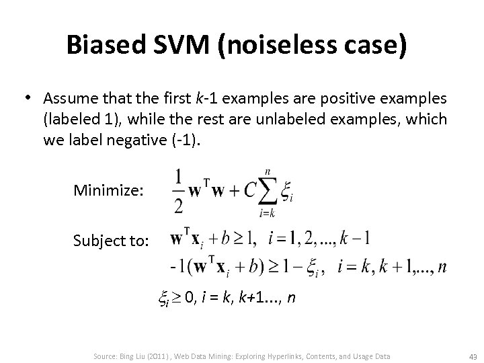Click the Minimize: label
(x=108, y=191)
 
